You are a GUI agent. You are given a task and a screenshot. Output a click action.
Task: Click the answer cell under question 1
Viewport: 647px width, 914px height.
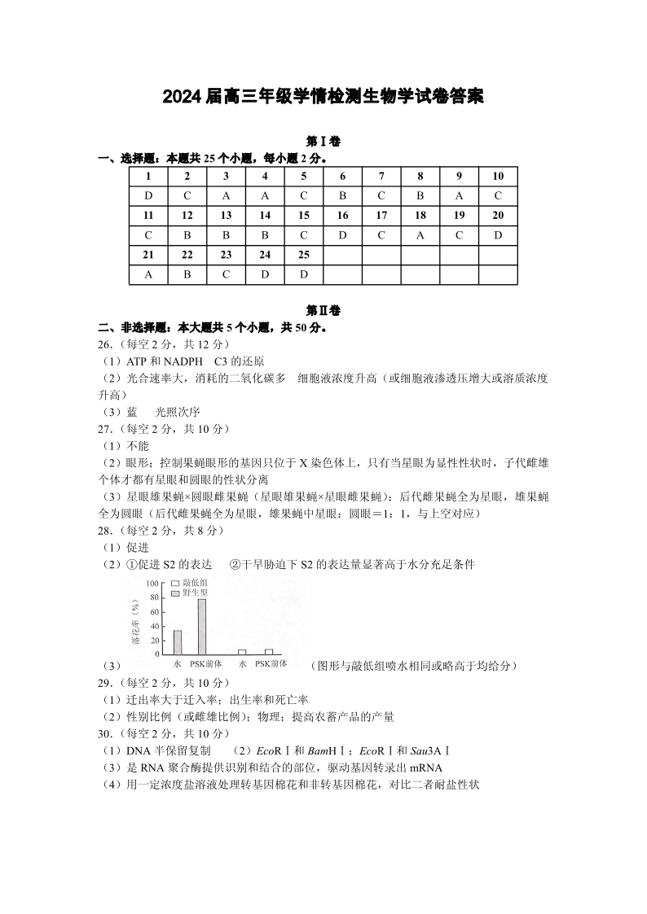[149, 196]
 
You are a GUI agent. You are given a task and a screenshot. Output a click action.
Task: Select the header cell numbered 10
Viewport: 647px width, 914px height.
[498, 176]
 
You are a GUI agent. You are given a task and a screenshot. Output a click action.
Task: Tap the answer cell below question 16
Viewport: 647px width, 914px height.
[343, 235]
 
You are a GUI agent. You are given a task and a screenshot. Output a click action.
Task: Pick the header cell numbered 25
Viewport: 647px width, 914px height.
[304, 255]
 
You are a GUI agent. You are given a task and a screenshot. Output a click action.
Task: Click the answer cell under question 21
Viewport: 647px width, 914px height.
[149, 274]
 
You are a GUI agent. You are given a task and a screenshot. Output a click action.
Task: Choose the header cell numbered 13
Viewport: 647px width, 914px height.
[226, 215]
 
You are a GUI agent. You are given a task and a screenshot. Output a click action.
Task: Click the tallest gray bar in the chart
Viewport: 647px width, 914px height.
[201, 626]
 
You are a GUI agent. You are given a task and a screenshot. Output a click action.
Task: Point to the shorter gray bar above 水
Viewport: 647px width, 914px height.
[178, 641]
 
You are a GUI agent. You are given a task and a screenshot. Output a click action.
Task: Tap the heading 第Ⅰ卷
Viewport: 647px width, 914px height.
[323, 142]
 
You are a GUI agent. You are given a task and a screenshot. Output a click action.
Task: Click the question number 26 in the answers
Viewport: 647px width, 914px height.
[103, 344]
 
